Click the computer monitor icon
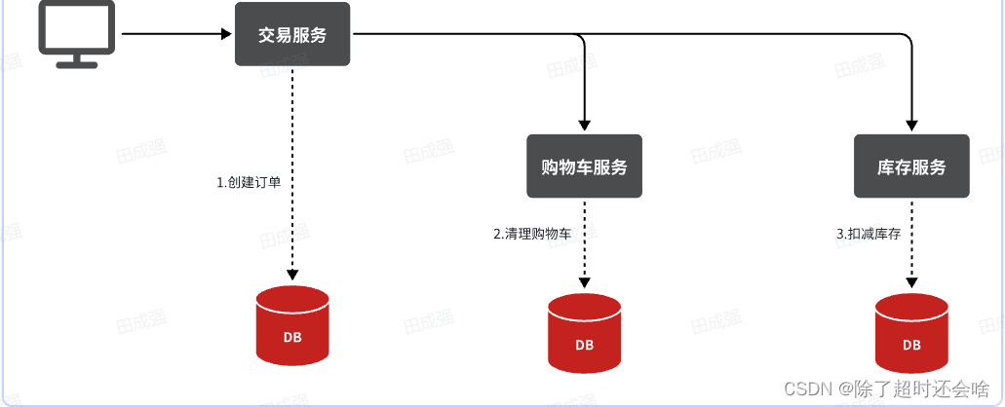[76, 31]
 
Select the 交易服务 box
[292, 34]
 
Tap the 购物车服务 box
[584, 166]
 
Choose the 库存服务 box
[911, 166]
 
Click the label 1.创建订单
[249, 182]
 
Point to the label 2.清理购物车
[532, 234]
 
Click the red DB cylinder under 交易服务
[292, 326]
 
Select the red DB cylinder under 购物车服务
[584, 333]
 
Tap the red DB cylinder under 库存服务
[911, 333]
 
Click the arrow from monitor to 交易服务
[175, 34]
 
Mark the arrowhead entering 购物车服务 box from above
[584, 125]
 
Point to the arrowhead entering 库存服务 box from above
[911, 125]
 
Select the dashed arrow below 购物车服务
[584, 263]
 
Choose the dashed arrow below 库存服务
[911, 263]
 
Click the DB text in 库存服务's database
[911, 345]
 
